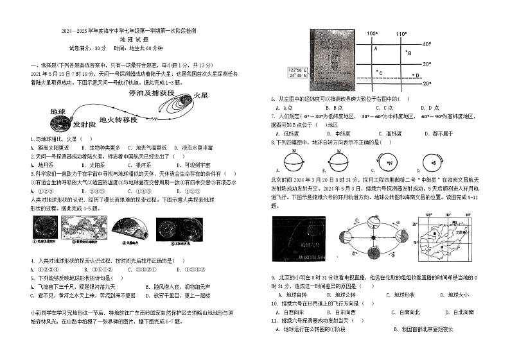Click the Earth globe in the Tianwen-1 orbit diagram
[59, 114]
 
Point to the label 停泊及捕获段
[151, 93]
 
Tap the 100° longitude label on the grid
[371, 33]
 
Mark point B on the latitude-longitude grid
[407, 53]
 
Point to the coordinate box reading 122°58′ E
[298, 71]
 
